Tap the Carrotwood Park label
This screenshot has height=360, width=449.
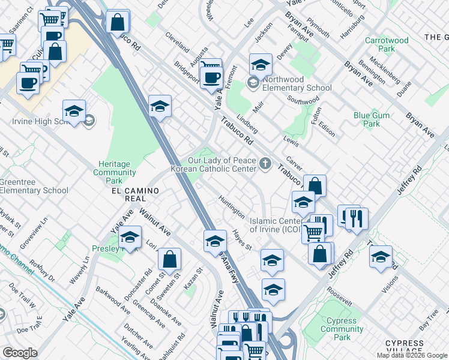387,44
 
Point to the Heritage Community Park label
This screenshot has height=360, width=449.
114,172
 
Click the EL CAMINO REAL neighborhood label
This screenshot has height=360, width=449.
134,194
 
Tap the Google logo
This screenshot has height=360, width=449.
20,353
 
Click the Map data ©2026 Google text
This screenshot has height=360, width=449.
412,355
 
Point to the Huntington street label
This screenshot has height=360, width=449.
232,206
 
